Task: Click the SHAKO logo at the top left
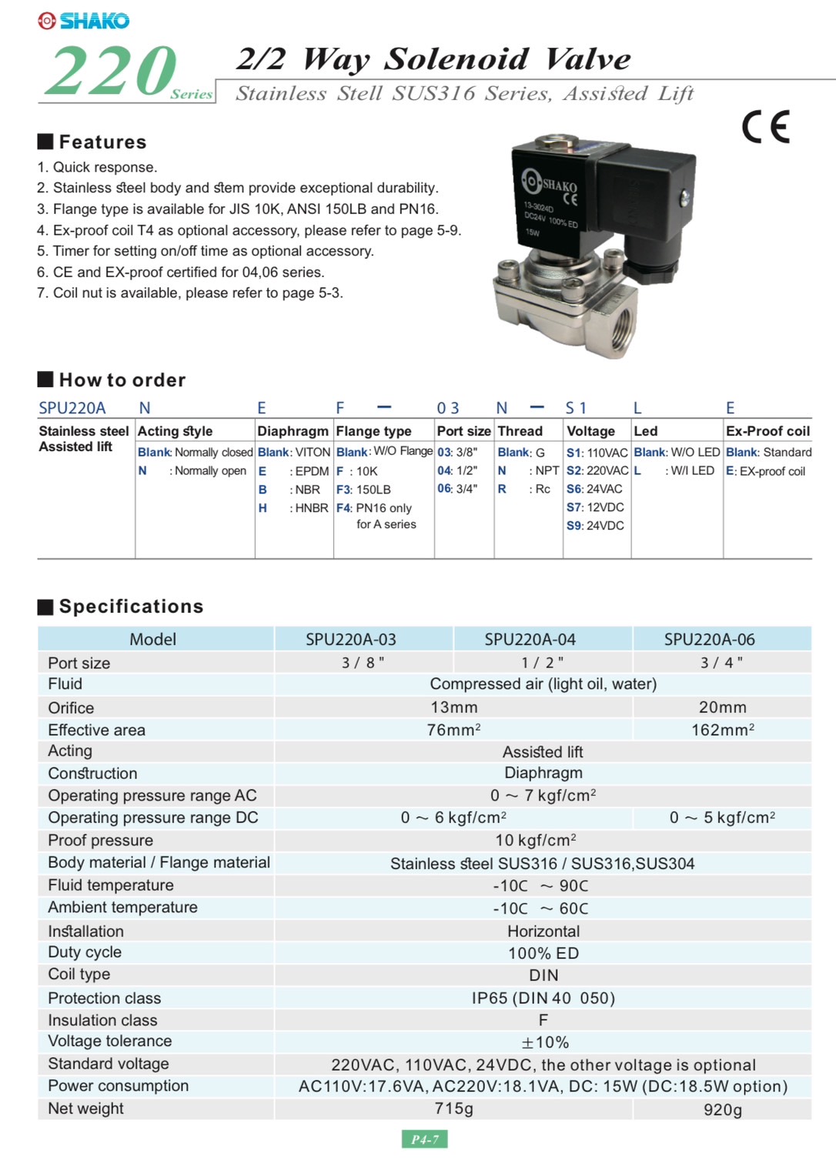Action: pos(83,21)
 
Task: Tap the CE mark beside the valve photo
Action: pos(765,127)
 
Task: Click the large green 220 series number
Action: pos(112,72)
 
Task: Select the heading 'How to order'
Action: pos(122,380)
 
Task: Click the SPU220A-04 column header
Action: pos(530,640)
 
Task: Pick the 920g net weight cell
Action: pos(722,1109)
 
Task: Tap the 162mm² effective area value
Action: pos(722,730)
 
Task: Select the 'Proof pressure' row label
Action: pos(100,841)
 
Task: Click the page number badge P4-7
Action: pos(424,1139)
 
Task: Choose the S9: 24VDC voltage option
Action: pos(595,526)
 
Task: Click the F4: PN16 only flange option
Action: pos(374,508)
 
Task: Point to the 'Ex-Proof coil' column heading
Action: pos(767,431)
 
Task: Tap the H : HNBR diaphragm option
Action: pos(293,508)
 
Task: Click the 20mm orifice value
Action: pos(722,707)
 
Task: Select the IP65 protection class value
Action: pos(543,998)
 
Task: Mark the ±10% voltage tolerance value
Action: pos(544,1042)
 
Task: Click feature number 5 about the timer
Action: pos(206,251)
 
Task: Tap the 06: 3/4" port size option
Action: pos(457,489)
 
